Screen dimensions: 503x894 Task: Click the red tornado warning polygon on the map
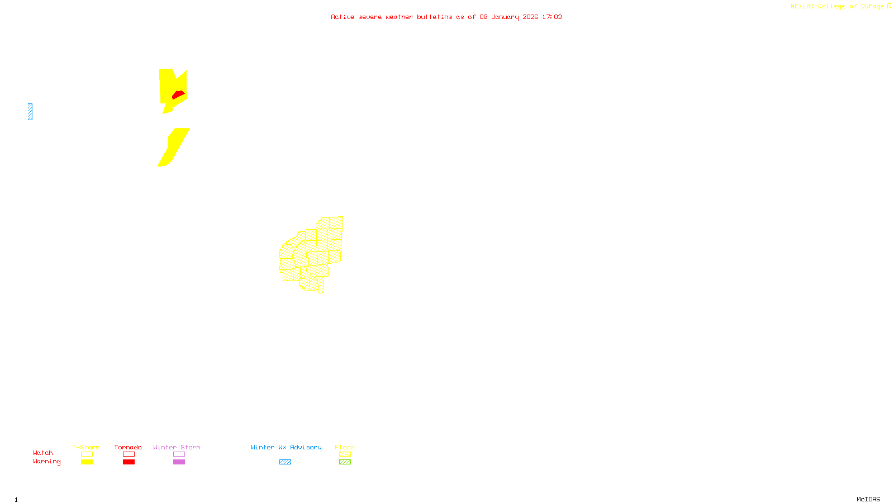[178, 94]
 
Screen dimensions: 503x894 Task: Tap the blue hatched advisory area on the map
[30, 112]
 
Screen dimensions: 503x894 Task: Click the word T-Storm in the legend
[86, 447]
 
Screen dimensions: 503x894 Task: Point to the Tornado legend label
[128, 447]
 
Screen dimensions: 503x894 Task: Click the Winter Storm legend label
[177, 447]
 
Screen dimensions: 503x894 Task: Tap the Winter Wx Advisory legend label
[286, 447]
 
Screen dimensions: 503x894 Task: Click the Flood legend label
[345, 447]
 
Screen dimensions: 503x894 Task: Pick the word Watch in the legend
[43, 453]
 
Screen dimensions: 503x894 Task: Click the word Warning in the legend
[46, 462]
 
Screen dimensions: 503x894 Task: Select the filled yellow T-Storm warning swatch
[87, 462]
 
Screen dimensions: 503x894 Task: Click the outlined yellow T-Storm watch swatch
[87, 454]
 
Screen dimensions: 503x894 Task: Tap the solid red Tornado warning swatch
[129, 462]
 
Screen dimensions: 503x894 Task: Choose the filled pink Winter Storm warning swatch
[179, 462]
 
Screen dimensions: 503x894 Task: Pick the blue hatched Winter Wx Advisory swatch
[285, 462]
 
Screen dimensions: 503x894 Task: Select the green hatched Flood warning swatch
[345, 462]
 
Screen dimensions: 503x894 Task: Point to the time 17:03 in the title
[552, 17]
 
